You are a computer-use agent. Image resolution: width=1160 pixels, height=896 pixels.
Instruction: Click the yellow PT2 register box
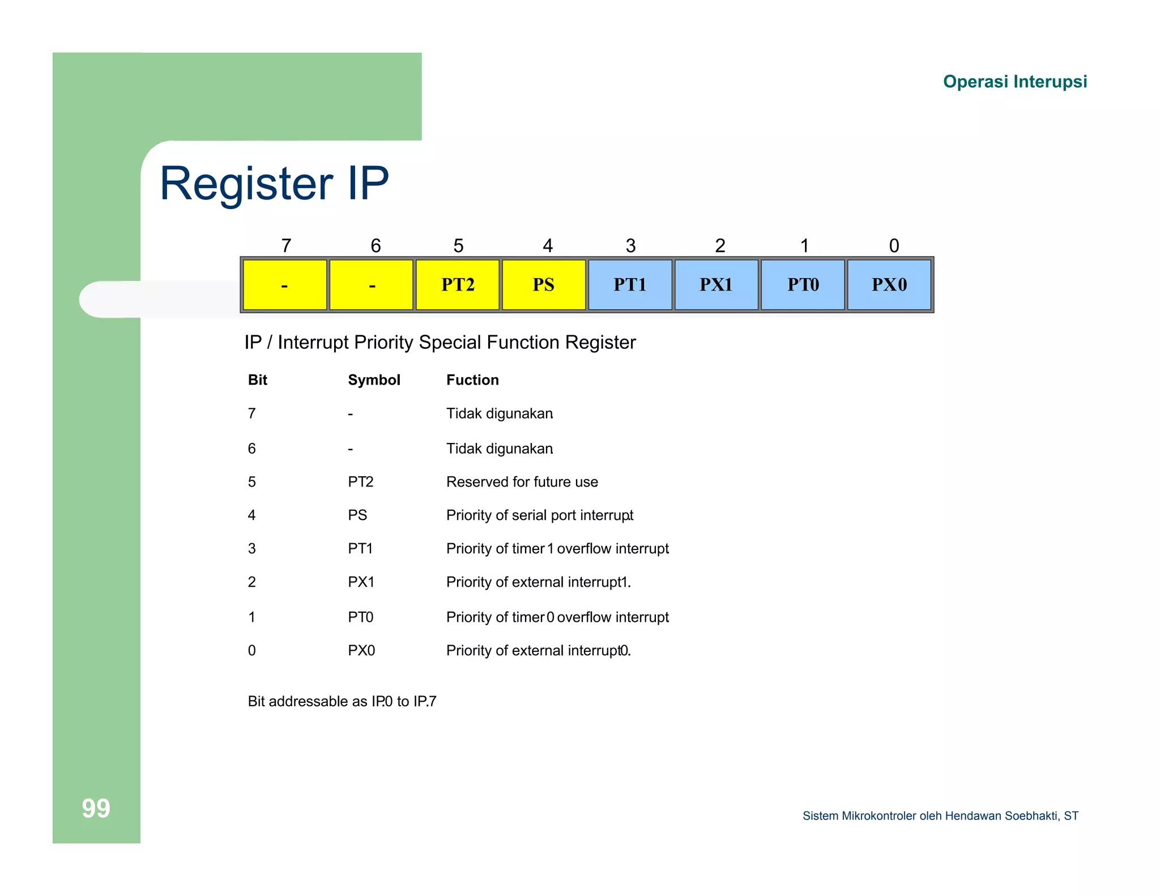click(458, 284)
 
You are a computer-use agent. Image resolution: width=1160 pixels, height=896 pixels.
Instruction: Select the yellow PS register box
click(544, 284)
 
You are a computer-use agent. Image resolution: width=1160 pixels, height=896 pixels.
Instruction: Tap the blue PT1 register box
click(630, 284)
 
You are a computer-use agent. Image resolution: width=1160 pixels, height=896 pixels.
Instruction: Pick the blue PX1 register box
click(716, 284)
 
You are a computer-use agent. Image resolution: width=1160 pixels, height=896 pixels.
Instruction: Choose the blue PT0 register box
click(803, 284)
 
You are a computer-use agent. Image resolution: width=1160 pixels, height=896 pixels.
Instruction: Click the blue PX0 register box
click(889, 284)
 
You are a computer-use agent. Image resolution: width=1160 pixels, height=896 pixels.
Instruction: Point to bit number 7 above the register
click(286, 246)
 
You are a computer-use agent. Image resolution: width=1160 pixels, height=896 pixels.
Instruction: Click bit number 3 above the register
click(630, 246)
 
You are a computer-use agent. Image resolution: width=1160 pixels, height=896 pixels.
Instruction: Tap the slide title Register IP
click(274, 184)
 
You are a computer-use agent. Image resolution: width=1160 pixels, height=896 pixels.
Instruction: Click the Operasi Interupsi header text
click(1014, 82)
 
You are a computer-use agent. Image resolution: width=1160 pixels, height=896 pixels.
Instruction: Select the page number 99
click(96, 808)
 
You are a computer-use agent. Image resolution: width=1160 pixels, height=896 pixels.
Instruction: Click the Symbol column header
click(374, 380)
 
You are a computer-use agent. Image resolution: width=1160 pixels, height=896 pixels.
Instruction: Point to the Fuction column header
click(472, 380)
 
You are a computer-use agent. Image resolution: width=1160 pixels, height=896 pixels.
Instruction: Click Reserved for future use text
click(522, 482)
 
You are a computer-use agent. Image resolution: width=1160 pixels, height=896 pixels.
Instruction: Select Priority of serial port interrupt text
click(539, 515)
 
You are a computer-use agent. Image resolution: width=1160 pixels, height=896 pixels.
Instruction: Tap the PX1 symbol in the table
click(361, 582)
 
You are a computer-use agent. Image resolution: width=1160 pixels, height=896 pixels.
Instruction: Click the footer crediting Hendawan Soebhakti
click(940, 816)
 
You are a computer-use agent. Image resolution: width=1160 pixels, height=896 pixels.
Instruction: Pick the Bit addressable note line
click(342, 702)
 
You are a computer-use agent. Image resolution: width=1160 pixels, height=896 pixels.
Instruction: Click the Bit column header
click(257, 380)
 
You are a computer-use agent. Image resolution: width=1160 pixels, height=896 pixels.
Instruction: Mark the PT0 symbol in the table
click(360, 617)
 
